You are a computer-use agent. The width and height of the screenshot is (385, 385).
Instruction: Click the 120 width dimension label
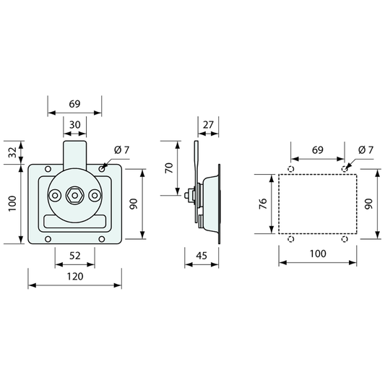coord(75,277)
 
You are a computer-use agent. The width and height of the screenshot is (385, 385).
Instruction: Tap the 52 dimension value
coord(75,256)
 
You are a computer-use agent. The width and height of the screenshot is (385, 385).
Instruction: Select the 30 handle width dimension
coord(74,125)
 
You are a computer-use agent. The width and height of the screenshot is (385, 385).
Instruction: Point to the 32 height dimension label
coord(12,152)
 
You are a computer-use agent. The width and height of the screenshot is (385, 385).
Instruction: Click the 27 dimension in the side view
coord(208,125)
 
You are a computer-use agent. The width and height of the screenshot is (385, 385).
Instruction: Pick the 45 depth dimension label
coord(202,256)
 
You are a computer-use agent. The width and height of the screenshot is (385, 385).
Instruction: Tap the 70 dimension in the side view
coord(169,168)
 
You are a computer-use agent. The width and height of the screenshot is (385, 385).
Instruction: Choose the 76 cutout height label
coord(263,204)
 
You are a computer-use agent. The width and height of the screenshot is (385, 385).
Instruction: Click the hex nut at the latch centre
coord(75,196)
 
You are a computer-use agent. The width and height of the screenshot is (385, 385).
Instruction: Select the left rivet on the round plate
coord(55,196)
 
